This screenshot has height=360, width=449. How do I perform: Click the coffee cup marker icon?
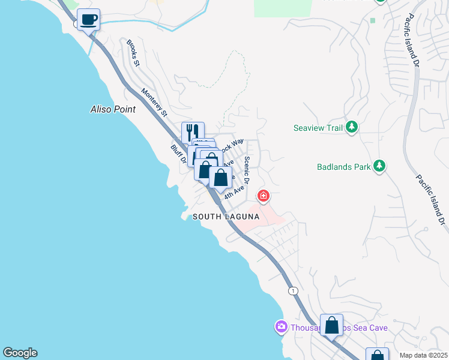tap(88, 20)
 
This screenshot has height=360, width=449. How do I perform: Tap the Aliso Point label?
tap(113, 109)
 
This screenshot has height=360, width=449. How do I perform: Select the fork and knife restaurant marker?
tap(193, 132)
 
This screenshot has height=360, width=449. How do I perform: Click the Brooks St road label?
tap(133, 53)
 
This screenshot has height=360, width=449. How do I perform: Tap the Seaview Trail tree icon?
tap(352, 127)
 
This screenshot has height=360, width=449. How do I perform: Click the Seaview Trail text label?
tap(318, 128)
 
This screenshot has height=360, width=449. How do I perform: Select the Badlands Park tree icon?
tap(379, 166)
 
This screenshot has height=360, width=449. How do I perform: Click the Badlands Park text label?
tap(344, 167)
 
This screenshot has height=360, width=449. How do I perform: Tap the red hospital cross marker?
tap(263, 196)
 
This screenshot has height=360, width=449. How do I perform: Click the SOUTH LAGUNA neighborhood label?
tap(225, 217)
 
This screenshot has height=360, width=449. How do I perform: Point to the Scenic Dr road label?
tap(247, 170)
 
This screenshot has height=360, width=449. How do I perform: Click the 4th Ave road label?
tap(234, 193)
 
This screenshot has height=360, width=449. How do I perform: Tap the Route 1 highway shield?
tap(292, 290)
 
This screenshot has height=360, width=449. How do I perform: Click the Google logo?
tap(20, 353)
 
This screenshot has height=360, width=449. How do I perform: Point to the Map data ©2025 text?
tap(423, 355)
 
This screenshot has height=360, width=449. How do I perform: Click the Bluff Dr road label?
tap(176, 155)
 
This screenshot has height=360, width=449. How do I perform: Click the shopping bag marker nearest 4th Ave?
tap(221, 178)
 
